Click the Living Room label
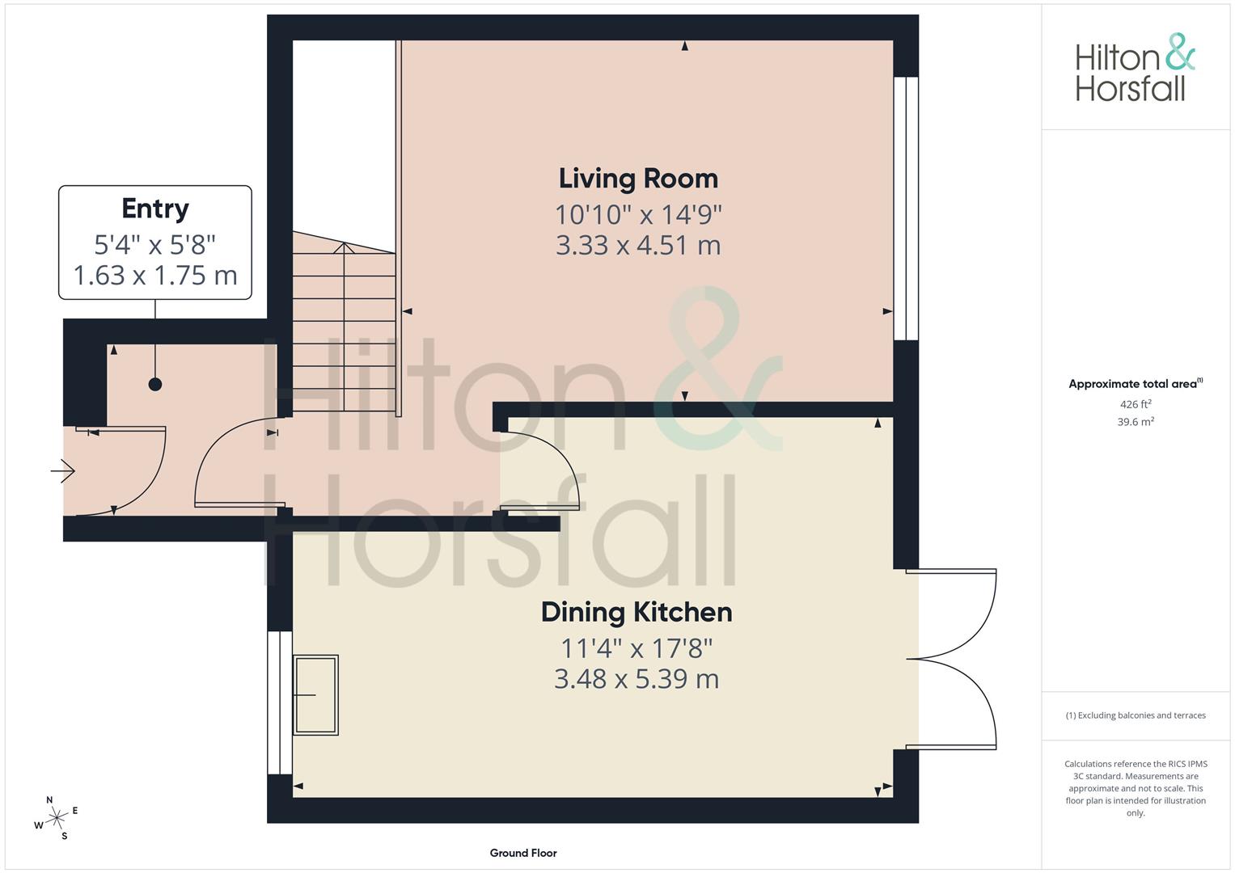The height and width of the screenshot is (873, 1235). (638, 179)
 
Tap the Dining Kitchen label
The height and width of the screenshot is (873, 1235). (637, 613)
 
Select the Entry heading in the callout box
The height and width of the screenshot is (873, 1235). (155, 209)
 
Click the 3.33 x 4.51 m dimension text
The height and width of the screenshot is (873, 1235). (638, 245)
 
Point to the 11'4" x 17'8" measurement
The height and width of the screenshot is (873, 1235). (637, 648)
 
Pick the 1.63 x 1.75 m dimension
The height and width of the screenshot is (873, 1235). (155, 276)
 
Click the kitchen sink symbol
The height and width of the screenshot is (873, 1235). (315, 695)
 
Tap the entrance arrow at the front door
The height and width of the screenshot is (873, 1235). (63, 471)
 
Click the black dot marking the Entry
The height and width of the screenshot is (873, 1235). (155, 385)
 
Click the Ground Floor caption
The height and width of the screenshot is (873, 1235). (523, 853)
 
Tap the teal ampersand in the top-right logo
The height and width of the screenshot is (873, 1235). (1180, 52)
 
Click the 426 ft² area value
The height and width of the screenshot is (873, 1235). (1136, 404)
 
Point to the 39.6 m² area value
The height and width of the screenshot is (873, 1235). (1136, 422)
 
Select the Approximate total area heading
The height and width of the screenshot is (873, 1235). (1136, 384)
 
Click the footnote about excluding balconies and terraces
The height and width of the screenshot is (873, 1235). (1136, 715)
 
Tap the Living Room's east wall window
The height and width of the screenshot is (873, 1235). (906, 209)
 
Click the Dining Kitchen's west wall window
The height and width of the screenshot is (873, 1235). (280, 702)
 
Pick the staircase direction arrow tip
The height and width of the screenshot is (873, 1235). (344, 243)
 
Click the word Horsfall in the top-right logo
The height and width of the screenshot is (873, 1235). (1130, 89)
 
